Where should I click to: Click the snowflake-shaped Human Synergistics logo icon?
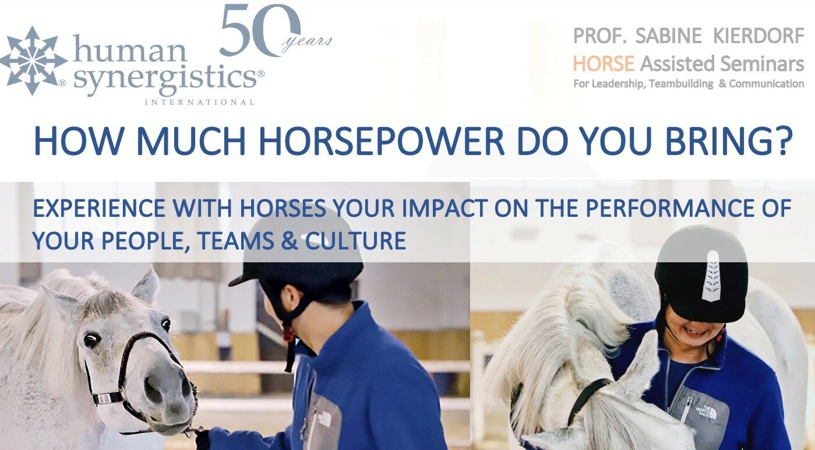(x=33, y=61)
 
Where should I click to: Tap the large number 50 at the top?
(x=261, y=30)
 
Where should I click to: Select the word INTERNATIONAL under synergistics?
(x=199, y=103)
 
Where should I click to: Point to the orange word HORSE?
(x=604, y=64)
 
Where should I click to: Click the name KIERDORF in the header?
(x=758, y=36)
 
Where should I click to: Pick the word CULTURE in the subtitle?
(x=355, y=241)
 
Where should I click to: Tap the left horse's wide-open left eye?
(x=90, y=340)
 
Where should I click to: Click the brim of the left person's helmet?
(x=243, y=277)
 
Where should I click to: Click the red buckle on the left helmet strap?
(x=288, y=334)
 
